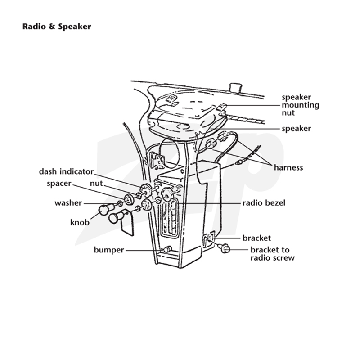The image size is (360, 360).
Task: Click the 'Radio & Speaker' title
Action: [x=57, y=27]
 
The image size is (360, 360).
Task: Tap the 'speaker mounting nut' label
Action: [x=301, y=105]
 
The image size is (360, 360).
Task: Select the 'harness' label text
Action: [x=288, y=167]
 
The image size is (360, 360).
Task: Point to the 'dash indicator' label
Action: [x=66, y=171]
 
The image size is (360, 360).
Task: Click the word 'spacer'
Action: [x=59, y=184]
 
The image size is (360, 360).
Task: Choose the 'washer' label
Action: [x=68, y=203]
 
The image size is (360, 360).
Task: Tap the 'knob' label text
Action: [x=80, y=222]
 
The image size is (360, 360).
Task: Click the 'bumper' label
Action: [x=109, y=250]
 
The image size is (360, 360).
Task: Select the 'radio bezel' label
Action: [x=264, y=203]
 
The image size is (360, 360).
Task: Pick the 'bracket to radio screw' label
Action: [x=272, y=254]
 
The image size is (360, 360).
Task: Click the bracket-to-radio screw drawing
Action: [x=224, y=248]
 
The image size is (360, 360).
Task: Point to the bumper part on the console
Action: [x=167, y=249]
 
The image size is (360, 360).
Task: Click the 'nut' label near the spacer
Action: [x=96, y=184]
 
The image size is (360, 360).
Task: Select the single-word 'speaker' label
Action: [x=297, y=129]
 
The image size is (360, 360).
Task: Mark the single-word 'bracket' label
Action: [x=256, y=238]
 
